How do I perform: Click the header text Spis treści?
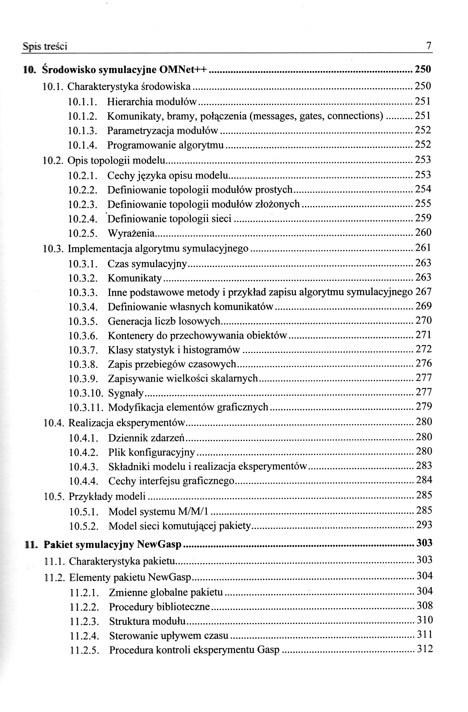pos(45,46)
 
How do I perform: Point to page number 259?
pos(423,218)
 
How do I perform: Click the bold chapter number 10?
pos(30,70)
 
